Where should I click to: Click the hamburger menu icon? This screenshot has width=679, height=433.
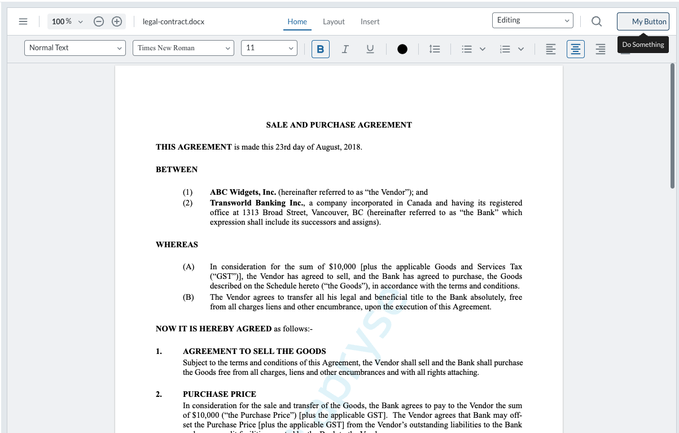(23, 21)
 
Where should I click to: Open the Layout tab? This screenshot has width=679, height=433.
(334, 21)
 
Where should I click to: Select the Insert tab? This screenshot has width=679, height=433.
(370, 21)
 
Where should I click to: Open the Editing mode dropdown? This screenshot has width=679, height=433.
(532, 20)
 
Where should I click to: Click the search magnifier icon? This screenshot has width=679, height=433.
(597, 21)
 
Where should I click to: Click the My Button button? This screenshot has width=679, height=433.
(643, 21)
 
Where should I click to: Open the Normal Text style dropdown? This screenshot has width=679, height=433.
(75, 48)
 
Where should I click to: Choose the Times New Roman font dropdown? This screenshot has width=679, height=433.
(183, 48)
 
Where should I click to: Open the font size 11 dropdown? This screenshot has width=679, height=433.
(269, 48)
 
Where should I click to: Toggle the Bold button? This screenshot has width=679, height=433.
(321, 49)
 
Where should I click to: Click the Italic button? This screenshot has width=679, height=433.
(345, 49)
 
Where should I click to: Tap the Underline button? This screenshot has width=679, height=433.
(370, 49)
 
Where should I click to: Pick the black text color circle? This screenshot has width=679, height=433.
(402, 49)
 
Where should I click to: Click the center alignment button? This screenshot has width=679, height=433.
(576, 49)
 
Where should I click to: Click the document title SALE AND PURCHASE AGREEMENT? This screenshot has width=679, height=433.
(339, 125)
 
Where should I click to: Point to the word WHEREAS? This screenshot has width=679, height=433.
(177, 244)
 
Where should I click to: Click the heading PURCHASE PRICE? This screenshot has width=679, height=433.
(219, 394)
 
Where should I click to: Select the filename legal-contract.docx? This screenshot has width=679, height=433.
(173, 21)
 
